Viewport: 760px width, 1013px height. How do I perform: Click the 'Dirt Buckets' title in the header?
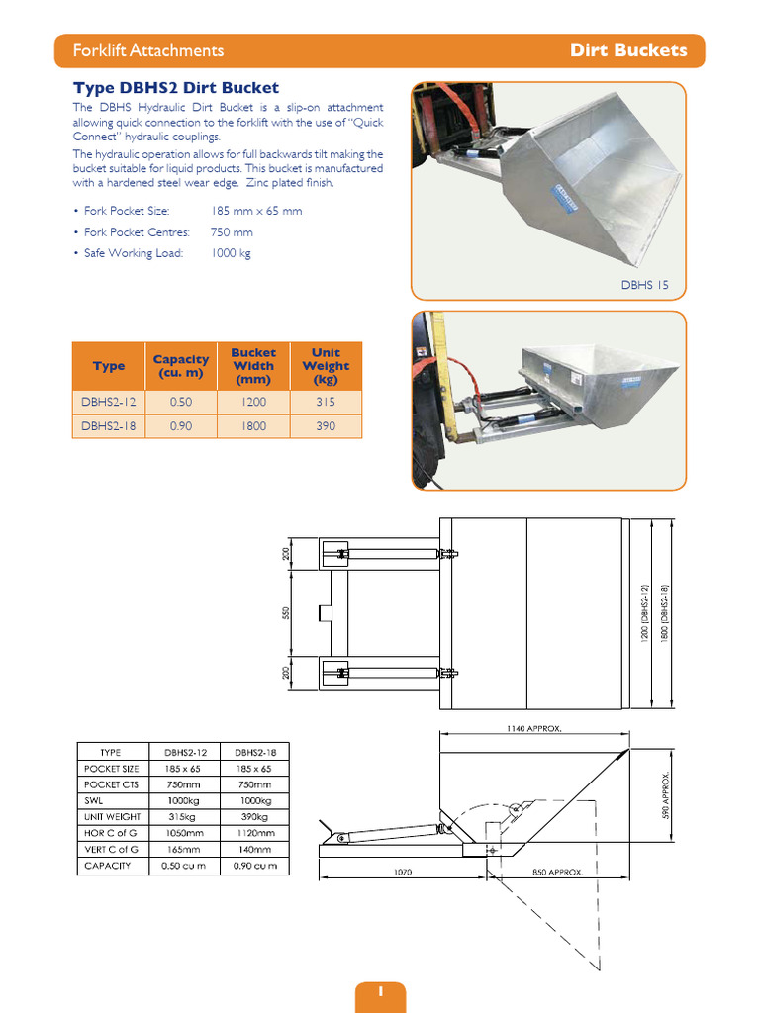[627, 50]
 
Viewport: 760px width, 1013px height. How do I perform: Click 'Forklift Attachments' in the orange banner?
[148, 50]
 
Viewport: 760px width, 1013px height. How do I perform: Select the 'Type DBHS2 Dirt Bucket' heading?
[176, 88]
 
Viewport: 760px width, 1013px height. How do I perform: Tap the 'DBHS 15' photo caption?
[644, 285]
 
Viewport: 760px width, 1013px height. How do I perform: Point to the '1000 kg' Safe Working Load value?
[231, 253]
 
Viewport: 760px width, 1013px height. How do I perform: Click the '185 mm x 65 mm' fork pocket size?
[256, 211]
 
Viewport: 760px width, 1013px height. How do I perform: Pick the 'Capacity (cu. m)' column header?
[181, 366]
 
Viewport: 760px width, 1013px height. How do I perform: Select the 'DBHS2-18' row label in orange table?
[109, 426]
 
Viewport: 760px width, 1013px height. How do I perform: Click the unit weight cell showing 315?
[326, 403]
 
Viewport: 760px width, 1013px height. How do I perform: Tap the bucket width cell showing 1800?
[253, 426]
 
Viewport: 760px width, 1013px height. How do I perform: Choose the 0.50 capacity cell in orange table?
[181, 403]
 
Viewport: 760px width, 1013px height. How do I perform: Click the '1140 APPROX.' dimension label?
[533, 728]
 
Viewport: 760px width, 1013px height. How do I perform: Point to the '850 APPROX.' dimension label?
[557, 873]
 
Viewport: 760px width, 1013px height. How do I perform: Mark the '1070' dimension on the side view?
[401, 873]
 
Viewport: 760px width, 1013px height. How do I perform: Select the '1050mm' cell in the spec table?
[184, 833]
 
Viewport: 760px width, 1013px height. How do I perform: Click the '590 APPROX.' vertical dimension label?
[667, 796]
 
